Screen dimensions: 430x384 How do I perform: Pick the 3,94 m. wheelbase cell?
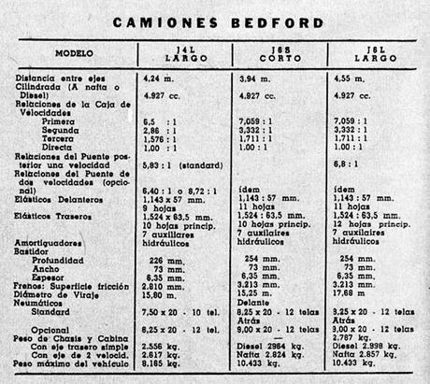pos(258,79)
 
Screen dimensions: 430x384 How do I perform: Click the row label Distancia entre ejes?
pos(63,79)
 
